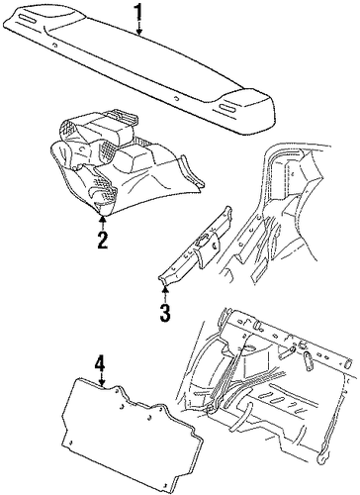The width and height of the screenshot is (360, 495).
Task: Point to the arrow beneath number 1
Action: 139,28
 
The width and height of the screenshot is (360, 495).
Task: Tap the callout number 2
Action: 102,240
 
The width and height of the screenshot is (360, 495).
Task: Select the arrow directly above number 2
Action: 103,223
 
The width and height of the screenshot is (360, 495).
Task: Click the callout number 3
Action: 165,313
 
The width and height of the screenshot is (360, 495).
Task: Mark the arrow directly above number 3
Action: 165,295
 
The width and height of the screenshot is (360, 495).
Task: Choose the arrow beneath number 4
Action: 102,380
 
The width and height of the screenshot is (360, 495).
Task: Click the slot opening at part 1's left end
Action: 29,19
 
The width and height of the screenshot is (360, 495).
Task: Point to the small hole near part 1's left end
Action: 54,46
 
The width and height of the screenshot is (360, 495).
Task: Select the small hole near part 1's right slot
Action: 177,98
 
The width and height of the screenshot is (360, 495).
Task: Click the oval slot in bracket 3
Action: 200,243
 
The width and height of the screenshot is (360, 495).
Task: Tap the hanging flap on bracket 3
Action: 207,249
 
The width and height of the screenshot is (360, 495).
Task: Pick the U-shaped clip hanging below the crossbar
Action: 308,360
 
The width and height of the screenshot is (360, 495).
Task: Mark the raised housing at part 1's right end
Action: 245,111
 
